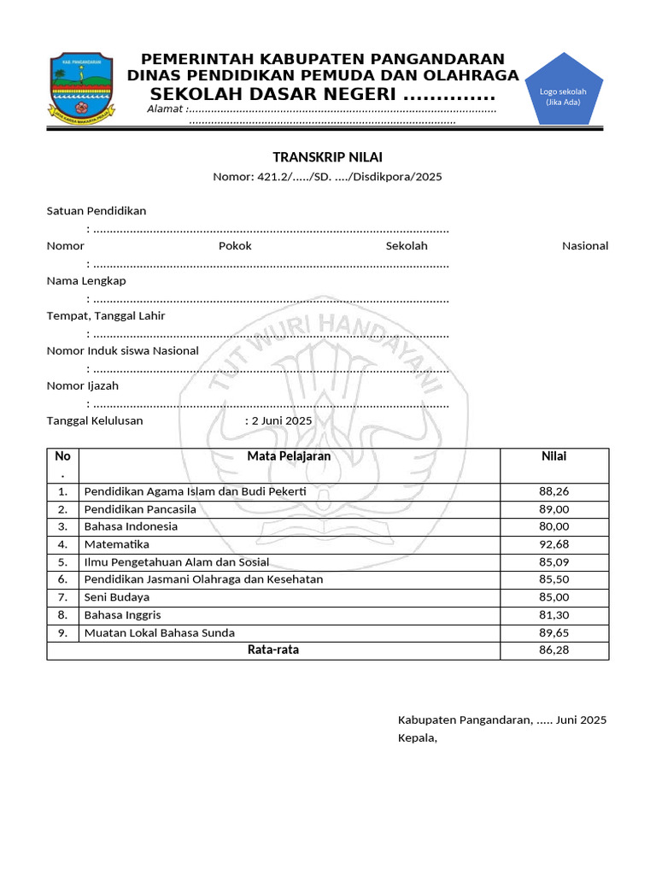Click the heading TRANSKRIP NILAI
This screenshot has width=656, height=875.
[327, 157]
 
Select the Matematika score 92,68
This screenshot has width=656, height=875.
[554, 544]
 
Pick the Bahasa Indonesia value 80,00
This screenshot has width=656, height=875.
[554, 526]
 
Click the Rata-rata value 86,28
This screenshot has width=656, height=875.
[554, 650]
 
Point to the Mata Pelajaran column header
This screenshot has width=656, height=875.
[289, 456]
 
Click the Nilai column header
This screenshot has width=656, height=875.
[553, 456]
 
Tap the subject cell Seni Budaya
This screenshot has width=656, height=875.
[117, 597]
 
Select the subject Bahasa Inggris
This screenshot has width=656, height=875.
[122, 615]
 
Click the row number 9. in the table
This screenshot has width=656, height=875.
[62, 633]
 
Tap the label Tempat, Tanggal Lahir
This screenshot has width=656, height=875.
[106, 316]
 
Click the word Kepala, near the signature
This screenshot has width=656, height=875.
[418, 737]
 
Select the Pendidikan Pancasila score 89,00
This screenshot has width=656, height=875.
[554, 509]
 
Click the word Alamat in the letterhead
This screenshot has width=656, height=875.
[165, 109]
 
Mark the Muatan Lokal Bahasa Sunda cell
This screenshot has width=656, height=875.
[159, 633]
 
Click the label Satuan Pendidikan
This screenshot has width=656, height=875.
[97, 211]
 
